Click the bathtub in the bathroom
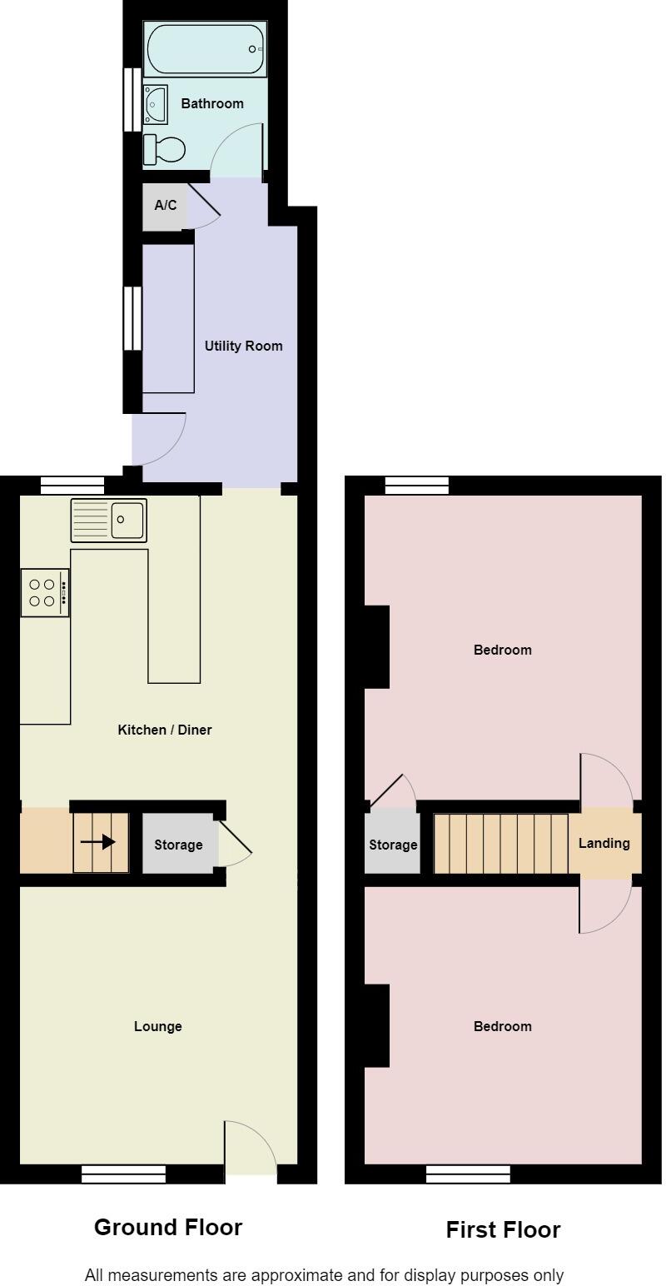[x=206, y=49]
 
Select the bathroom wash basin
[x=155, y=104]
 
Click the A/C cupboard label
[x=165, y=204]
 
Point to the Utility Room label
[x=243, y=346]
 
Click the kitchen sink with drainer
[x=108, y=520]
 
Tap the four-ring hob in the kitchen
[x=45, y=592]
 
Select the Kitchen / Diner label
[x=165, y=730]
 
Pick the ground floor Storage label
[x=178, y=845]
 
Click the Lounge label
[x=157, y=1026]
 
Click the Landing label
[x=604, y=843]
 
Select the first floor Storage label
[x=393, y=845]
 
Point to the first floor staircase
[x=501, y=843]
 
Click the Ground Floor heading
[x=168, y=1227]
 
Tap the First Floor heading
[x=503, y=1229]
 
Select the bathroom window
[x=132, y=99]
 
